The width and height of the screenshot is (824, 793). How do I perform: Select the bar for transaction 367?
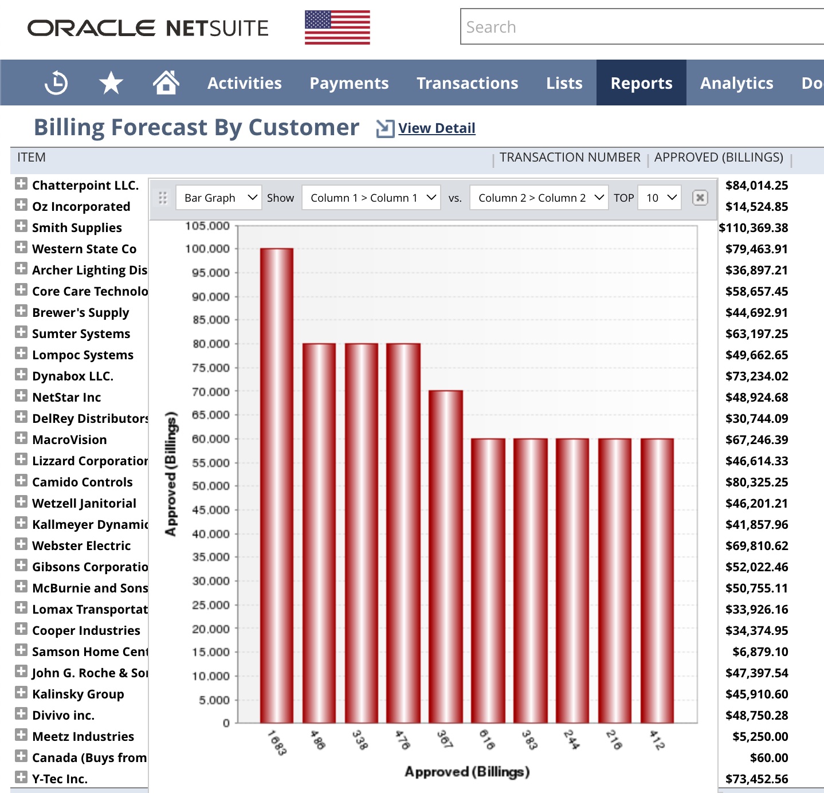click(x=446, y=556)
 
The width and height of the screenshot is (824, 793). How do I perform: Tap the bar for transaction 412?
click(x=657, y=580)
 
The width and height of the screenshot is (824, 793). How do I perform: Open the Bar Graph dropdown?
click(x=219, y=198)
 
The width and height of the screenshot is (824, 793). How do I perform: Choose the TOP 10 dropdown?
click(x=660, y=198)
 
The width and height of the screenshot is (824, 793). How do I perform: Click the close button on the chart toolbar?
click(x=700, y=198)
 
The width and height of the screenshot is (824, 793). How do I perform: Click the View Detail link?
click(x=437, y=128)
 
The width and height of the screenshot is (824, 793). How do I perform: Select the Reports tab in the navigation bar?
click(x=641, y=83)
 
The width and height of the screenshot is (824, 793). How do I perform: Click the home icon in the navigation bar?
click(x=166, y=83)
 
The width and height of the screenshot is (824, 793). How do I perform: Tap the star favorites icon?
click(x=111, y=83)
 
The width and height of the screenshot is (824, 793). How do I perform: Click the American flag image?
click(x=337, y=27)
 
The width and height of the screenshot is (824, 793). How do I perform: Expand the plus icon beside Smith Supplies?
click(x=21, y=226)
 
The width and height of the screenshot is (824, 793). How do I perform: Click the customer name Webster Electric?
click(x=81, y=545)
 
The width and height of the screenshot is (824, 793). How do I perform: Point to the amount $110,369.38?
click(x=754, y=228)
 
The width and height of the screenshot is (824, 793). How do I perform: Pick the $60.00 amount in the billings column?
click(x=769, y=757)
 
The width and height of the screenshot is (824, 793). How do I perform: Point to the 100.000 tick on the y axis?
click(x=207, y=249)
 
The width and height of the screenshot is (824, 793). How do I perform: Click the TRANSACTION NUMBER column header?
click(x=570, y=158)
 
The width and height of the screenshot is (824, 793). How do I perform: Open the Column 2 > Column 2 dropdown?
click(x=539, y=198)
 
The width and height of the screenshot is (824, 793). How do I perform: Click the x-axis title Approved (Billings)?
click(x=467, y=772)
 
